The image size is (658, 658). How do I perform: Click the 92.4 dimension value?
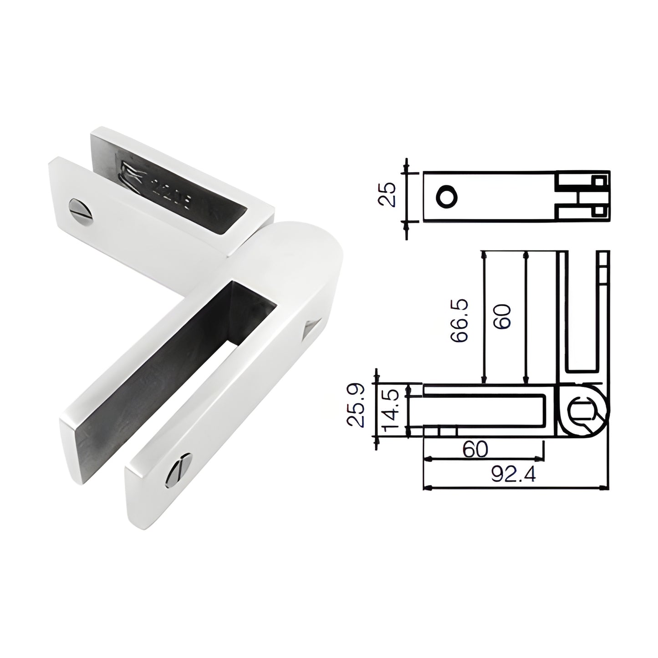click(x=513, y=475)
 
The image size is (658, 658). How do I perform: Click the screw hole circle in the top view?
click(x=446, y=197)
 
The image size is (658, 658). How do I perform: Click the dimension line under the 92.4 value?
click(x=515, y=488)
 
